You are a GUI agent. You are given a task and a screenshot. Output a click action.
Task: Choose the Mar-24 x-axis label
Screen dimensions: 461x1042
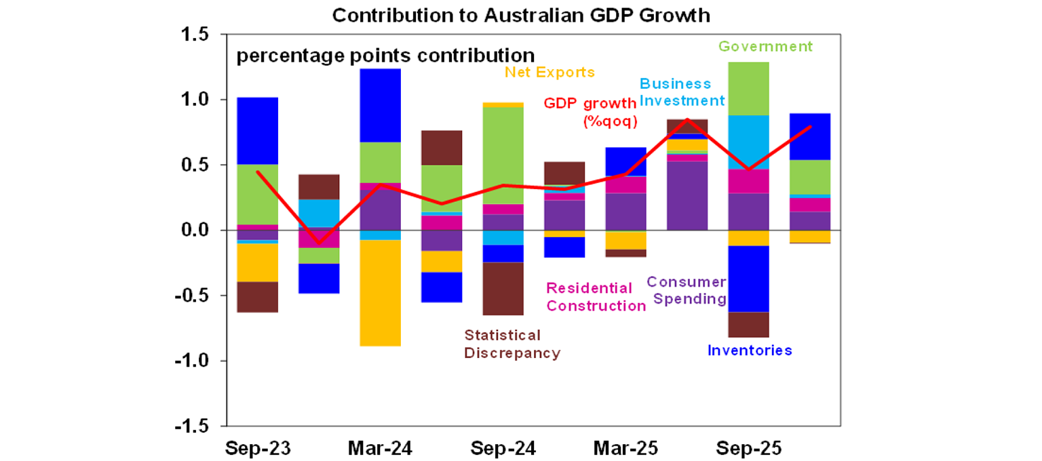[380, 448]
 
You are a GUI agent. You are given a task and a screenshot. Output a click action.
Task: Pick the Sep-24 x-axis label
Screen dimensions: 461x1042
[503, 448]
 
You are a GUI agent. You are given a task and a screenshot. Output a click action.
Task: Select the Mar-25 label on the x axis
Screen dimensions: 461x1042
[625, 448]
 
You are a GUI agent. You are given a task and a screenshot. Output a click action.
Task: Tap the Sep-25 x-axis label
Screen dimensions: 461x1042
[748, 448]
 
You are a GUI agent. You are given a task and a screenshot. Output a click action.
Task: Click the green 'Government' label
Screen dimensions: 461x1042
[765, 47]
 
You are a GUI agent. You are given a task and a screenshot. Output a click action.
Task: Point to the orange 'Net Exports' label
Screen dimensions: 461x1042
[549, 72]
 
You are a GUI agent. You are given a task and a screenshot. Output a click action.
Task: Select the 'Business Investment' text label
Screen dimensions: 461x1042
[682, 92]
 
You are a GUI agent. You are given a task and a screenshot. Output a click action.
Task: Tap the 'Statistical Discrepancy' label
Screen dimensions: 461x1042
[512, 344]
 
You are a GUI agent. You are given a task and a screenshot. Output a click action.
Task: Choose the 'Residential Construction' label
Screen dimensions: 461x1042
[596, 297]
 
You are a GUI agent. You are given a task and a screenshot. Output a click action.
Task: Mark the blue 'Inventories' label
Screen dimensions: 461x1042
[750, 350]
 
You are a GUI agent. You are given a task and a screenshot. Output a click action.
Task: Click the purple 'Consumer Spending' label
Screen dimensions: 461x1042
[687, 290]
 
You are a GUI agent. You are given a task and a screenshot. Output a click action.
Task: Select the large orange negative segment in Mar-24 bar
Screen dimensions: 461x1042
[380, 293]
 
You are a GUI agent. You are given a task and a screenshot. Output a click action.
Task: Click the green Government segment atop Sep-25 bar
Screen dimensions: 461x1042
[748, 88]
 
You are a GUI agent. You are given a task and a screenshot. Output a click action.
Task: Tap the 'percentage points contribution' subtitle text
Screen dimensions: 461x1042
[385, 55]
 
